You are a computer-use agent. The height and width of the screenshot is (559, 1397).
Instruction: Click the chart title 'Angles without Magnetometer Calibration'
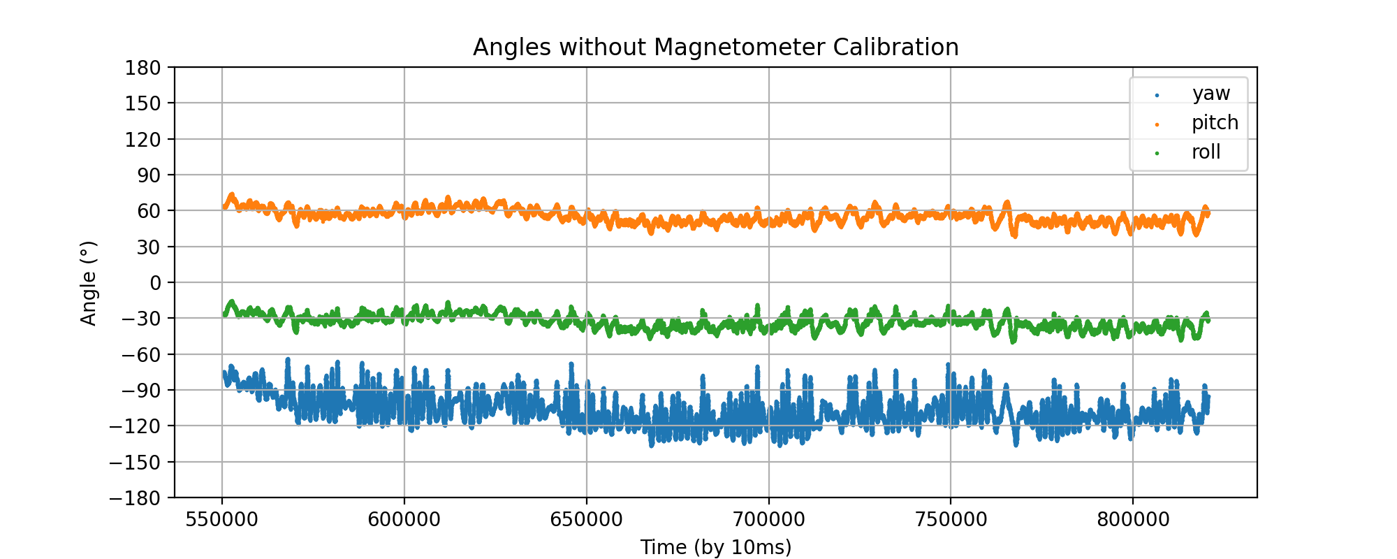(715, 48)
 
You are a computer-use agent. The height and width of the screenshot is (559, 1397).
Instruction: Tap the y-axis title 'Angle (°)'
(89, 283)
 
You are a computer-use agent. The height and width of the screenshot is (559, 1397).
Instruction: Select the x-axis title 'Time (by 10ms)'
(715, 547)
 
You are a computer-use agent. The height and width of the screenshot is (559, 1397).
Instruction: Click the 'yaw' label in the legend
(1211, 94)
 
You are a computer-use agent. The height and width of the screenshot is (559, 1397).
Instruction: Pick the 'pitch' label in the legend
(1215, 123)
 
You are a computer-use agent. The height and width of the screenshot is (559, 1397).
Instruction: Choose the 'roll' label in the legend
(1206, 152)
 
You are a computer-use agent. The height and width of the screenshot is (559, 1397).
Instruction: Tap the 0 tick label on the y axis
(154, 283)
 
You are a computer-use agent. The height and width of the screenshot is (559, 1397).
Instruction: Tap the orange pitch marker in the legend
(1157, 124)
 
